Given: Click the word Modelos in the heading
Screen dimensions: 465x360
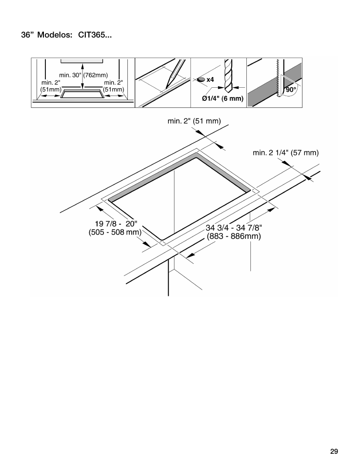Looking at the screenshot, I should tap(55, 37).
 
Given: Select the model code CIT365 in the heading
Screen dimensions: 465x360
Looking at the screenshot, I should tap(91, 37).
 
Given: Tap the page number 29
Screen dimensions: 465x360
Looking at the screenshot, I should tap(334, 451).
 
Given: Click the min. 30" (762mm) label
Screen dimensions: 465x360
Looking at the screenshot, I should tap(83, 75).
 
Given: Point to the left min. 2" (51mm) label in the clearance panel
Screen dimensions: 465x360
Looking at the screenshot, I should tap(51, 86).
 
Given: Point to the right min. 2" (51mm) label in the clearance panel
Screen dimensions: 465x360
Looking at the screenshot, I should tap(114, 86).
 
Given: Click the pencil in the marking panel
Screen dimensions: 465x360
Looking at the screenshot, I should tap(173, 74).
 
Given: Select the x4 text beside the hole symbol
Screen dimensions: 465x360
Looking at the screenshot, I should tap(210, 79).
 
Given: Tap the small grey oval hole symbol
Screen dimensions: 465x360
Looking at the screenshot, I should tap(200, 79).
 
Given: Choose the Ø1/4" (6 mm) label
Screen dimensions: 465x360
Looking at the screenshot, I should tap(222, 98).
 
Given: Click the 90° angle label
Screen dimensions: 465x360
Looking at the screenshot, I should tap(291, 90).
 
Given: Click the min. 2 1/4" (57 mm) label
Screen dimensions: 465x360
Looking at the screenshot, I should tap(285, 153).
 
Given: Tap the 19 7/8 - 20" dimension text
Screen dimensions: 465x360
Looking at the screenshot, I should tap(113, 223).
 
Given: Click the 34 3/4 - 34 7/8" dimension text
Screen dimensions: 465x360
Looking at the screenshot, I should tap(234, 228).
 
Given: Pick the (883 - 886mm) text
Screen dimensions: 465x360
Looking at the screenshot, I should tap(234, 237).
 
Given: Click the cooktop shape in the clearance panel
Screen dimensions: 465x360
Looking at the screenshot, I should tap(82, 94).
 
